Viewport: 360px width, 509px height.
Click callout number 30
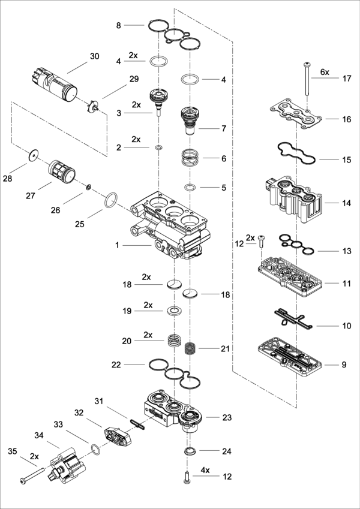point(94,56)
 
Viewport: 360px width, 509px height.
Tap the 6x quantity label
point(325,71)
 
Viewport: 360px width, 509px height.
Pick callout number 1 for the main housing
point(118,245)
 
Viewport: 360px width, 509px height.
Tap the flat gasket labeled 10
point(291,319)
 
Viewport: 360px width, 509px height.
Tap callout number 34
point(39,435)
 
